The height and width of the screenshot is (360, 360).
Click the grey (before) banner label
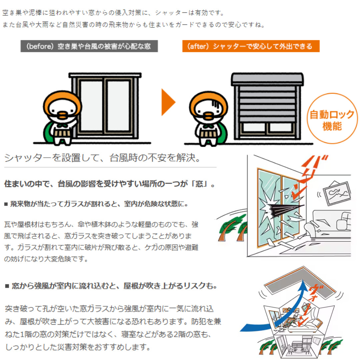89,46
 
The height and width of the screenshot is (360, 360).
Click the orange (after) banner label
251,46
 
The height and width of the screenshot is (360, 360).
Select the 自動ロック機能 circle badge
332,118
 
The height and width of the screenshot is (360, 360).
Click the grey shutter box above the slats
267,79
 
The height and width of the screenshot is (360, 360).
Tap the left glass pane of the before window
91,106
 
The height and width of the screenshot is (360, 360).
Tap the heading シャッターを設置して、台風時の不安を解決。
102,158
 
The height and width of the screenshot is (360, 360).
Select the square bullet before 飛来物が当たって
6,204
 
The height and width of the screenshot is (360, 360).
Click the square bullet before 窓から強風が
7,286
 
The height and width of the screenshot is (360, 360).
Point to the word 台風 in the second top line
22,25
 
